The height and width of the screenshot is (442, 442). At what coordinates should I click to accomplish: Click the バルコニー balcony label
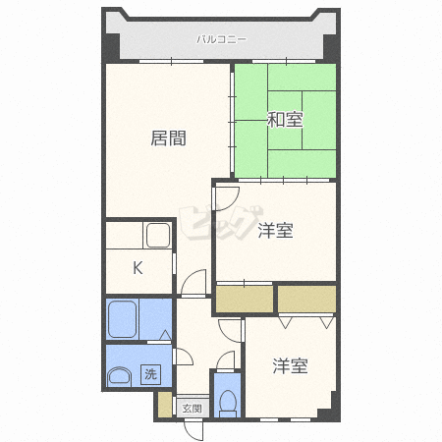tap(221, 40)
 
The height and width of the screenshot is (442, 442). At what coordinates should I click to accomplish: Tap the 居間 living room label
tap(169, 138)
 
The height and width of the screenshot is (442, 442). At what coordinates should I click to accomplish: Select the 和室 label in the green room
tap(285, 120)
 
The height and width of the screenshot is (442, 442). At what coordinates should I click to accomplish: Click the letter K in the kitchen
tap(138, 268)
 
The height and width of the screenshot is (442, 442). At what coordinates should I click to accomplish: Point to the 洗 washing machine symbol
tap(151, 373)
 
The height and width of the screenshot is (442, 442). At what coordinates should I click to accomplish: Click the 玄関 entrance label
tap(193, 409)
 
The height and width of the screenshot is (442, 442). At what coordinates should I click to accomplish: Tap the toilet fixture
tap(228, 404)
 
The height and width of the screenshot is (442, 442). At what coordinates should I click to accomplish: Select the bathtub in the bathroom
tap(122, 319)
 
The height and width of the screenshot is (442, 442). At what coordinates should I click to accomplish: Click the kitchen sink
tap(158, 235)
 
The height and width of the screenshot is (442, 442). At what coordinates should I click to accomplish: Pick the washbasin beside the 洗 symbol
tap(119, 375)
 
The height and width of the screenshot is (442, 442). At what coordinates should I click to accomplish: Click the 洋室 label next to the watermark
tap(275, 231)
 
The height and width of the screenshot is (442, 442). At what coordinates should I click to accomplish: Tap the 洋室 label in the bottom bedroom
tap(291, 365)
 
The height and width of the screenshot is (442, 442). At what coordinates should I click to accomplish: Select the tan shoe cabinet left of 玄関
tap(165, 405)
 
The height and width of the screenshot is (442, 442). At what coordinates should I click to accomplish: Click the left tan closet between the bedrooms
tap(245, 299)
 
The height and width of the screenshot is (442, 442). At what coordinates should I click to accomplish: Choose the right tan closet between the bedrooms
tap(307, 299)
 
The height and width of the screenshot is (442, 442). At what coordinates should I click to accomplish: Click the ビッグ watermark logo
tap(221, 222)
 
